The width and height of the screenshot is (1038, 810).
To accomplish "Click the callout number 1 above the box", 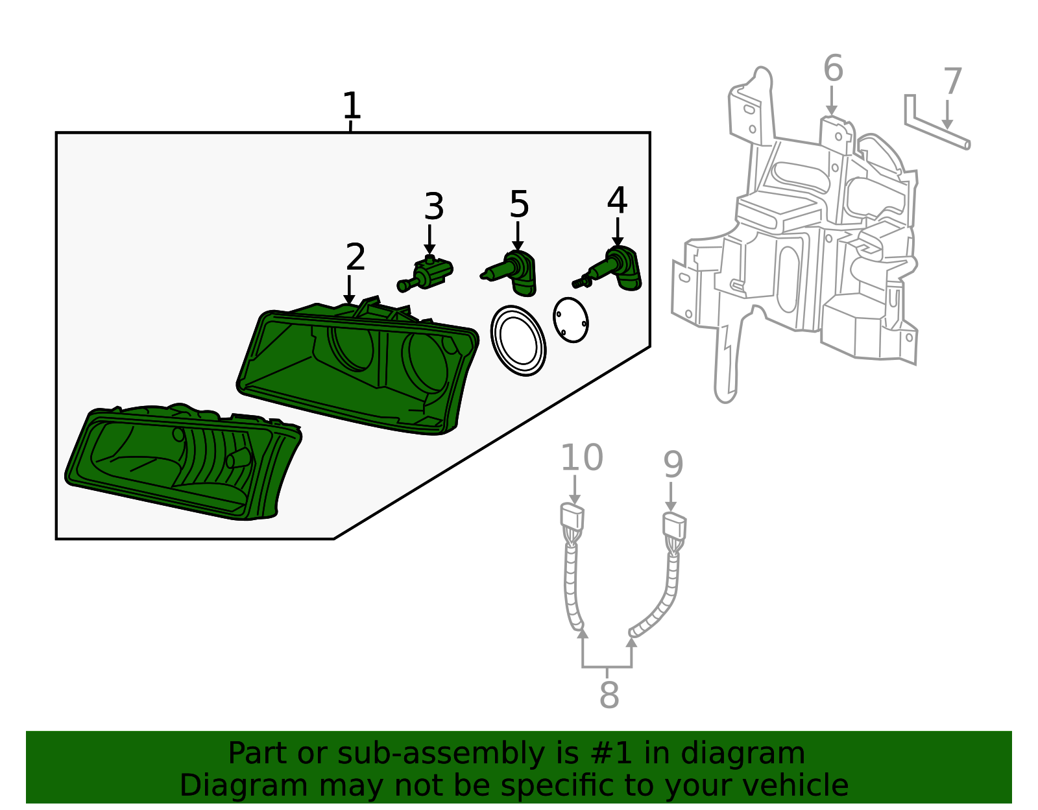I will click(x=351, y=106).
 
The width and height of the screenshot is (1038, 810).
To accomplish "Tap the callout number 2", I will click(x=355, y=257).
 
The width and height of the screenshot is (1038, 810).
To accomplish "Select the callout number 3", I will click(x=433, y=207).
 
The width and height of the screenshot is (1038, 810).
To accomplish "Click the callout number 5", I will click(x=519, y=205).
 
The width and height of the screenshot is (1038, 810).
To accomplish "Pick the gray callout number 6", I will click(x=833, y=69).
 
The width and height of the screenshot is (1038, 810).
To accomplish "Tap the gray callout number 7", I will click(x=952, y=82).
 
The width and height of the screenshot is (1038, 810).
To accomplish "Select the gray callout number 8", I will click(x=609, y=695).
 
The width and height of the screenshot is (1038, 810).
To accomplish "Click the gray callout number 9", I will click(x=673, y=464).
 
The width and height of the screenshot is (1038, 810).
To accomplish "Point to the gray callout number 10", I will click(x=581, y=458).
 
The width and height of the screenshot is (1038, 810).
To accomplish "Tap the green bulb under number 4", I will click(x=613, y=268).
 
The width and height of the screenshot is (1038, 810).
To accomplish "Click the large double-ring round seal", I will click(x=518, y=341).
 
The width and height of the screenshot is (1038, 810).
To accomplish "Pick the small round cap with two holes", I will click(x=571, y=320).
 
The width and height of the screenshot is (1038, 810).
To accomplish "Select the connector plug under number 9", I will click(x=674, y=527).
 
